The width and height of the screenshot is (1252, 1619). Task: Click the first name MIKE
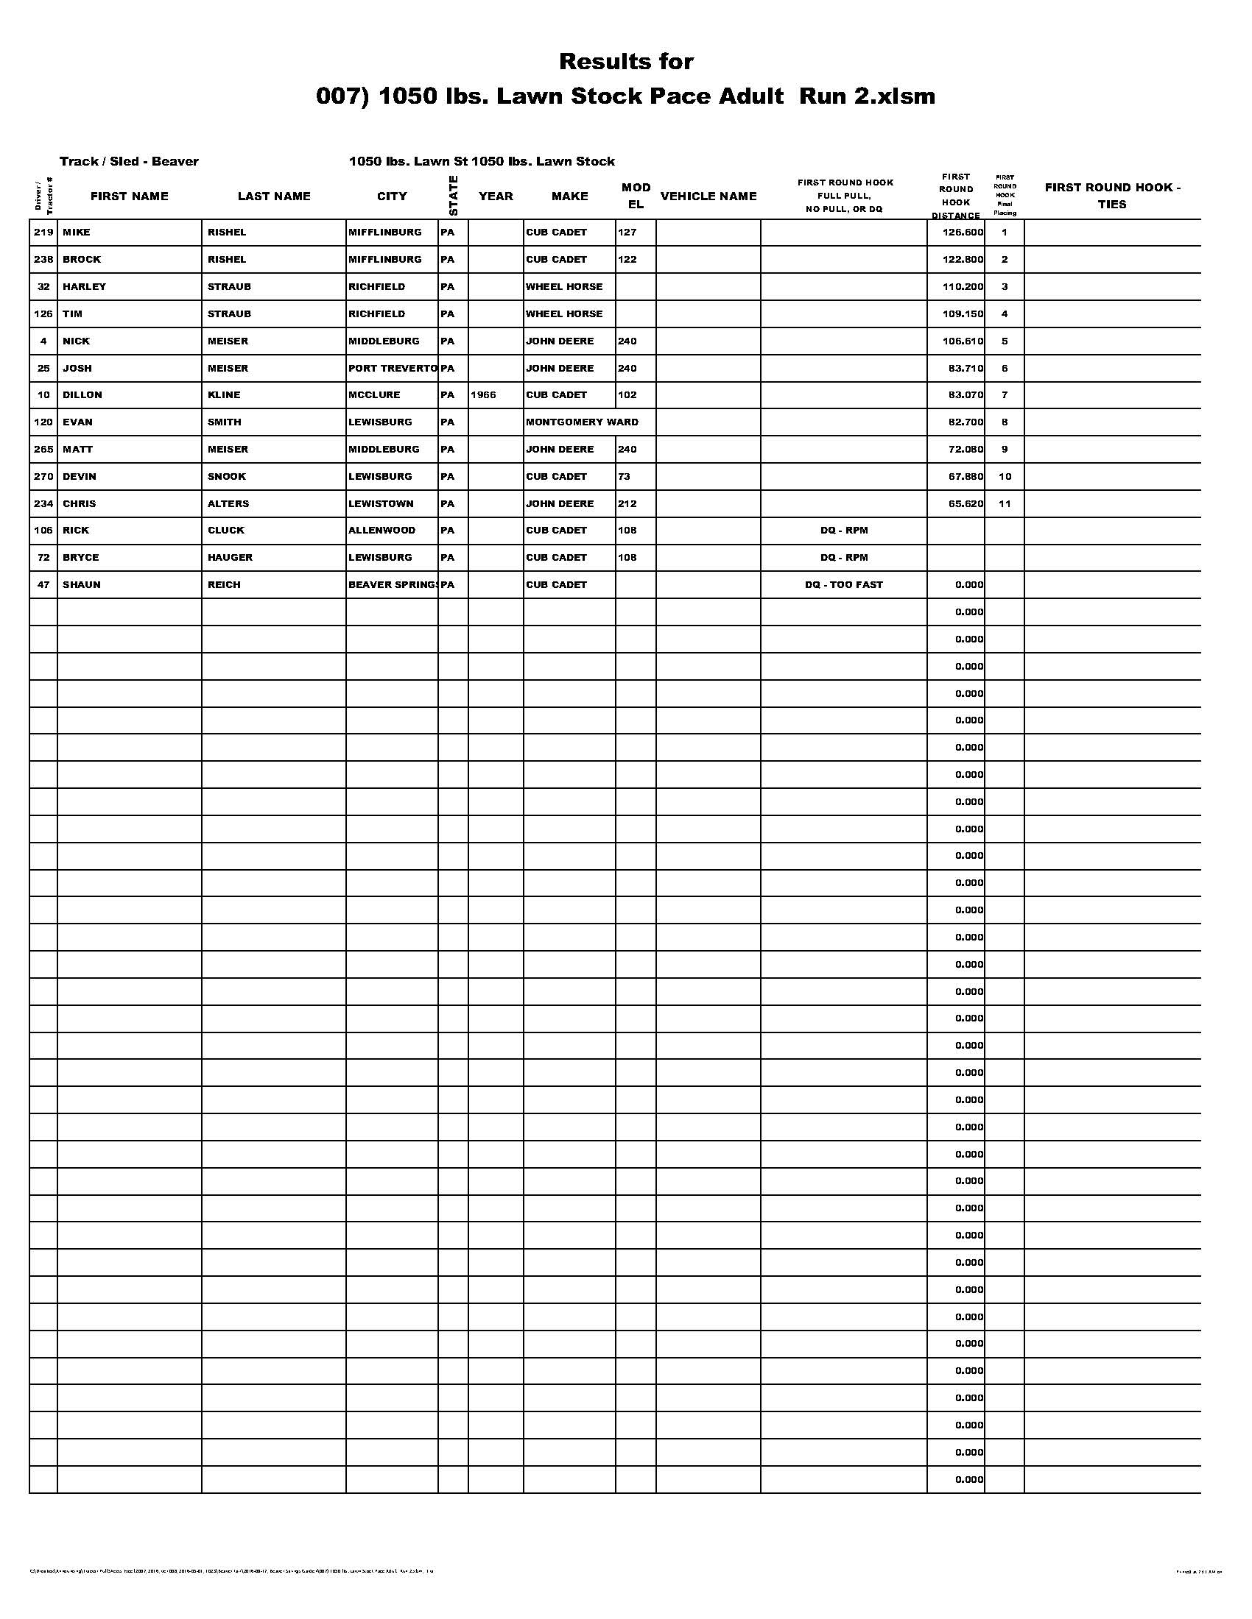click(x=77, y=232)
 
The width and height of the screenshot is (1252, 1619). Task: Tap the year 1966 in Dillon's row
click(x=483, y=395)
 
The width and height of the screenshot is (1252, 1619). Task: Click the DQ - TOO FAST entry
click(x=843, y=584)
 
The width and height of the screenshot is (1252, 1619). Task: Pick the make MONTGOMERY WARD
click(x=582, y=422)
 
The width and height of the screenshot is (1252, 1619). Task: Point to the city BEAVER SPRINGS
click(x=393, y=584)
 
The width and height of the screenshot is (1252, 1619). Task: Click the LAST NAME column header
click(x=274, y=196)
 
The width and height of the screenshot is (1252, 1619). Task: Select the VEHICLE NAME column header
click(x=708, y=196)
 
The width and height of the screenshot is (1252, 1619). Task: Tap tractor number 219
click(x=43, y=232)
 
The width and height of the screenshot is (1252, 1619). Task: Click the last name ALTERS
click(x=228, y=503)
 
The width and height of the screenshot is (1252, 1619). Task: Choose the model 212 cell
click(x=627, y=503)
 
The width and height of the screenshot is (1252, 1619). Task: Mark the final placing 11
click(x=1005, y=503)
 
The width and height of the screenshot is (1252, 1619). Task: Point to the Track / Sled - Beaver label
click(x=129, y=161)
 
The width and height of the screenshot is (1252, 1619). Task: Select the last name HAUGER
click(x=230, y=558)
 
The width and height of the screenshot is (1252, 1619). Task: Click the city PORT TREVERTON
click(x=393, y=368)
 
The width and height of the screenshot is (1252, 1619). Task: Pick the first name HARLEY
click(x=84, y=286)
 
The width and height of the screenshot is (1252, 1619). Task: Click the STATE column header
click(x=453, y=196)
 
